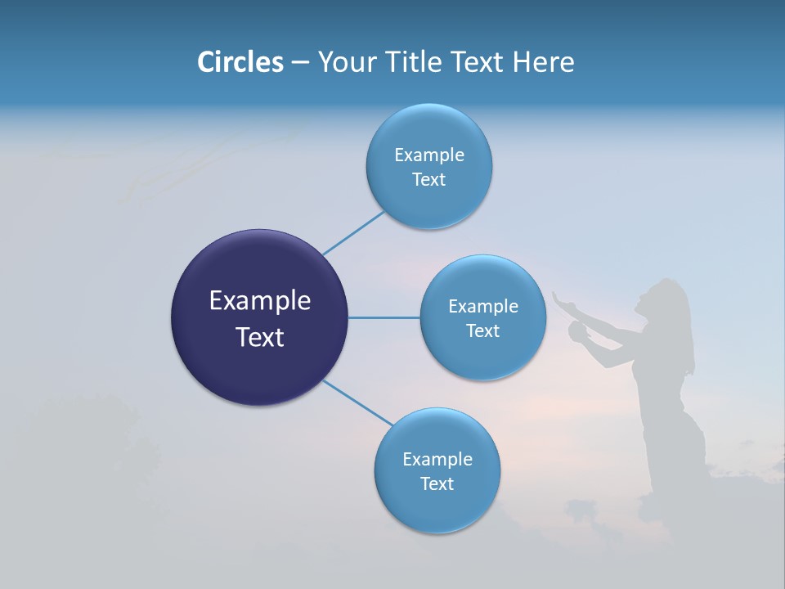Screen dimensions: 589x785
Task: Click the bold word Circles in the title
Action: (x=240, y=62)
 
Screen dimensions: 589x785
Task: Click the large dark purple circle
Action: (x=259, y=317)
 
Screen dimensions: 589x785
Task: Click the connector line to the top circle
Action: (x=353, y=232)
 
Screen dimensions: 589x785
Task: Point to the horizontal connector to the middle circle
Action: (x=384, y=317)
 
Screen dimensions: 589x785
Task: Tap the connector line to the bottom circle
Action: (x=358, y=402)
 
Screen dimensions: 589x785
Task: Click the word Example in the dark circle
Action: (x=259, y=301)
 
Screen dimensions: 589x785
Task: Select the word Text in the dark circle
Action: (x=259, y=337)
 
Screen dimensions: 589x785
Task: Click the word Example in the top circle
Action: (x=428, y=155)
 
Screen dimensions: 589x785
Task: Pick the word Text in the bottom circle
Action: (x=437, y=483)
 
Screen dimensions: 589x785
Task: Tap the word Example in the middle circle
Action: (x=482, y=307)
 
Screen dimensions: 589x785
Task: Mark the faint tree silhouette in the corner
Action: (x=82, y=442)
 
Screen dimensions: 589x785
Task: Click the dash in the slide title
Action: (x=299, y=63)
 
